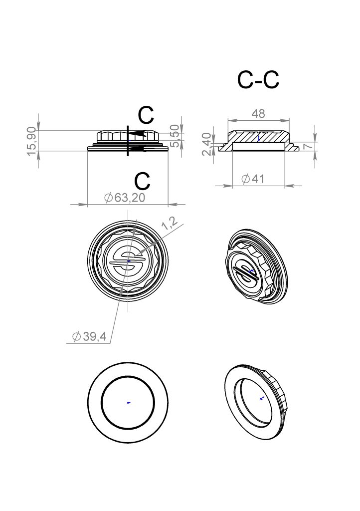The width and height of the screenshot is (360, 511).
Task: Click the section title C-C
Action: pos(258,80)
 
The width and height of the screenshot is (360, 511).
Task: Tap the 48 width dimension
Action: pos(258,114)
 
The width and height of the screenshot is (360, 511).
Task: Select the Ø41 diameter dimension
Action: pos(253,179)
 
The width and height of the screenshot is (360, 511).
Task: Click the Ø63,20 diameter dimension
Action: pos(125,198)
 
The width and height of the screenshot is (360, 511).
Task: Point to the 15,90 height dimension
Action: pos(32,141)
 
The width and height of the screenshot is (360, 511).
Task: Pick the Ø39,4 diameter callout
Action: pos(89,336)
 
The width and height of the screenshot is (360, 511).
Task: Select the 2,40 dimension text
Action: pos(207,144)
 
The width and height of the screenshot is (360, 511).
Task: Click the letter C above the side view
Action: pos(146,115)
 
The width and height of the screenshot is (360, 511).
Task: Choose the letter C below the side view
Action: pos(143,181)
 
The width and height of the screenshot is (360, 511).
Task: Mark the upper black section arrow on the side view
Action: pos(137,133)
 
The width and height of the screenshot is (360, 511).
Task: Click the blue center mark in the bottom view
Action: pos(129,403)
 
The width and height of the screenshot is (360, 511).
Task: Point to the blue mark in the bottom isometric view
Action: pos(261,398)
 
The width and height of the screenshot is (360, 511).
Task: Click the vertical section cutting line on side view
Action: pos(128,140)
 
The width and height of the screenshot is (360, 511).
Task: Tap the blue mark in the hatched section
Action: pos(258,139)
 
